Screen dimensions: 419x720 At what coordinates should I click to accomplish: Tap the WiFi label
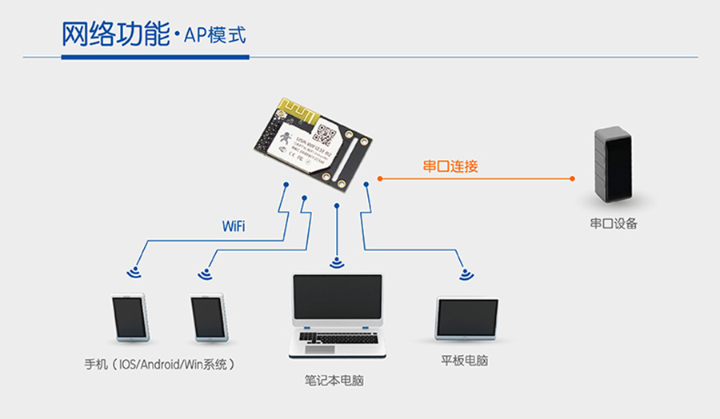(234, 226)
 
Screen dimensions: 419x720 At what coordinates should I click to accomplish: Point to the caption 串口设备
(614, 224)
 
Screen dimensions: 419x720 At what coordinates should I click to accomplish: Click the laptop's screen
(337, 297)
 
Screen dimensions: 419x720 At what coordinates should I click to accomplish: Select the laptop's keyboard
(337, 337)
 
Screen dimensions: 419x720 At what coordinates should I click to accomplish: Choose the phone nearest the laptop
(210, 317)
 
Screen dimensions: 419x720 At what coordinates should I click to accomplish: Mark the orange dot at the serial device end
(573, 178)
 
